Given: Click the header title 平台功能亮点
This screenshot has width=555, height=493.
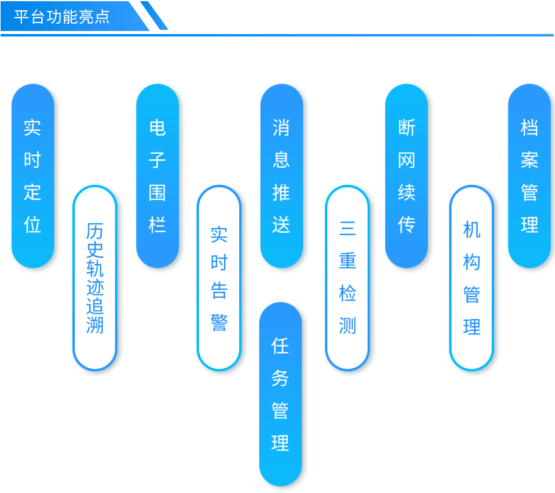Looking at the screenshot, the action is (x=62, y=16).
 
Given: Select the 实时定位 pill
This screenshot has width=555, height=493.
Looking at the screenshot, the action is (x=33, y=176).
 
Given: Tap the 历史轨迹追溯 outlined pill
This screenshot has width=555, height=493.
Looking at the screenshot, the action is (x=95, y=278).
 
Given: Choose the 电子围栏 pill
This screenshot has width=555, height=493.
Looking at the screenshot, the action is (x=158, y=176).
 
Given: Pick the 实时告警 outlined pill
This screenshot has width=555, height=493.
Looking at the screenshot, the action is (x=219, y=278).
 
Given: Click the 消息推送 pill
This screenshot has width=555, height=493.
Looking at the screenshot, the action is (x=282, y=176).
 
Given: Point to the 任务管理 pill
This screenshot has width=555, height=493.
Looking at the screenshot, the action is (x=281, y=394).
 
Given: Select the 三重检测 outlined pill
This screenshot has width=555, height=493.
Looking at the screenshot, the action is (x=347, y=278).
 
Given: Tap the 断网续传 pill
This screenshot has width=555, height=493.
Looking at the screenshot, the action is (x=407, y=176).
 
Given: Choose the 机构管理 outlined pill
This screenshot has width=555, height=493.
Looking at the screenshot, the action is (x=472, y=278).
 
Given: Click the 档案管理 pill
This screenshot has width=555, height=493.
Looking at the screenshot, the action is (x=529, y=176).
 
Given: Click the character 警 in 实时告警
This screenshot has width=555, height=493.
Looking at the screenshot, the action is (x=219, y=323).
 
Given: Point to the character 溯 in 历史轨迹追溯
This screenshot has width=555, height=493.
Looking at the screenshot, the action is (x=95, y=325).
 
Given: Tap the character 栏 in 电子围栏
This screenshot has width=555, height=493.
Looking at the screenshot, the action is (x=158, y=224).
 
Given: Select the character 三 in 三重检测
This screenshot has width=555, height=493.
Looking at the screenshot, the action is (x=347, y=228).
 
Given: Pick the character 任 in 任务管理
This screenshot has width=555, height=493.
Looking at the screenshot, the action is (x=281, y=345).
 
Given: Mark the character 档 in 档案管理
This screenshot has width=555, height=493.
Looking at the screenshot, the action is (x=529, y=127).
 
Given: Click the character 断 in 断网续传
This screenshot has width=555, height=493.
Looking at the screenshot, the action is (x=407, y=127).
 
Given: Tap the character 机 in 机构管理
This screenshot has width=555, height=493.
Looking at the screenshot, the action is (x=472, y=230).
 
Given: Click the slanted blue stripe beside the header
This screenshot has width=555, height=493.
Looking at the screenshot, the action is (x=154, y=15).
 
